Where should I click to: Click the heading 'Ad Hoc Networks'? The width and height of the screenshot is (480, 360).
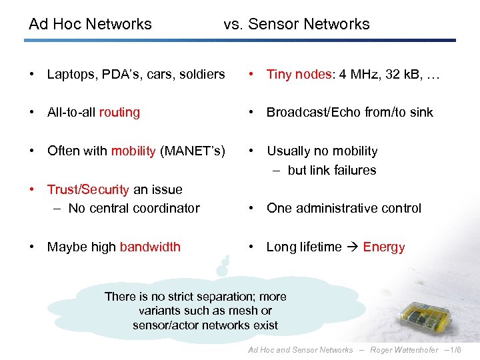(x=90, y=24)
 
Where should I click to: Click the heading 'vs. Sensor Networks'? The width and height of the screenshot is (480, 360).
(x=296, y=24)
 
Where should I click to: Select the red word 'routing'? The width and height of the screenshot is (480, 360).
(x=119, y=112)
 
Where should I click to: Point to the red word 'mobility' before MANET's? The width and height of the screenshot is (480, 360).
(x=133, y=151)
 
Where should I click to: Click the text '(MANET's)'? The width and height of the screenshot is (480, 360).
(x=192, y=151)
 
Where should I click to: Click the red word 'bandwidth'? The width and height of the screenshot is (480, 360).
(x=150, y=247)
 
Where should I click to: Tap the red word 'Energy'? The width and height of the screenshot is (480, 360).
(x=383, y=247)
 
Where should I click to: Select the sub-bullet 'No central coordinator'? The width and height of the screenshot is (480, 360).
(x=133, y=208)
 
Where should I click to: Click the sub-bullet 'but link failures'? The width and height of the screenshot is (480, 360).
(x=331, y=170)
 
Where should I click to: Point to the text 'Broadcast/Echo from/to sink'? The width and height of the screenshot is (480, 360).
(x=349, y=112)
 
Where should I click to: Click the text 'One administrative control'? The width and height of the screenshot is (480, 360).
(x=343, y=208)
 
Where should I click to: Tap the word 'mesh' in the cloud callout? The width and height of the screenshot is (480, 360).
(x=246, y=311)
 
